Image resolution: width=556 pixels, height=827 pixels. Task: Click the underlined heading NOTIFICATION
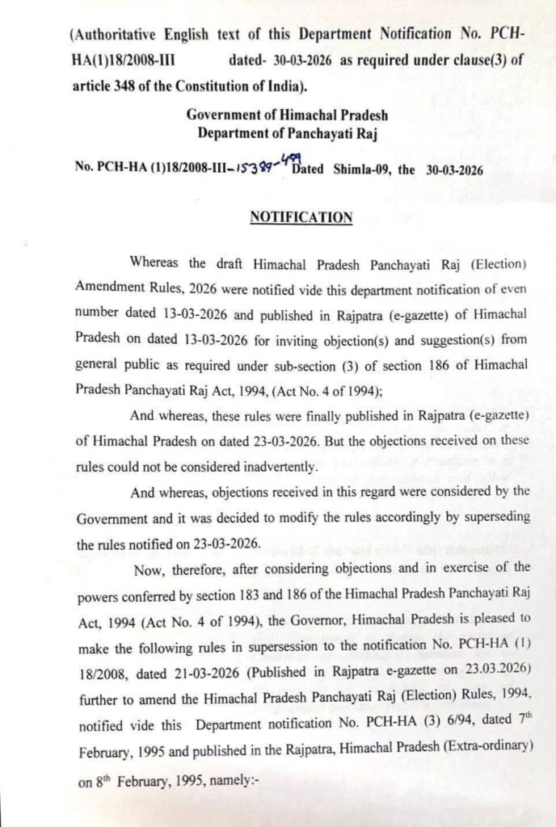(301, 216)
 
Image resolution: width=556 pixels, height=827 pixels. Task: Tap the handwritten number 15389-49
(258, 168)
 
